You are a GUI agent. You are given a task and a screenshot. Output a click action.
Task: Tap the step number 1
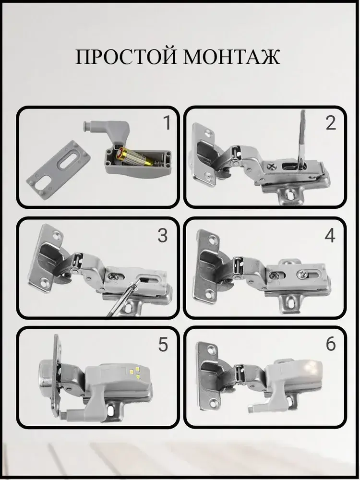click(167, 123)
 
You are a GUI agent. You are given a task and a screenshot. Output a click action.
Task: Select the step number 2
click(331, 123)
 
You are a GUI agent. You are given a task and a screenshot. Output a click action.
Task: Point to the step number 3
click(163, 235)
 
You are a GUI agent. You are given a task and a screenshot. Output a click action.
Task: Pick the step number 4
click(330, 236)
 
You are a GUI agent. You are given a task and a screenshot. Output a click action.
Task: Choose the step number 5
click(163, 344)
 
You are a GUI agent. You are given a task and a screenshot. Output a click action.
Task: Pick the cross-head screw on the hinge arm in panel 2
click(272, 167)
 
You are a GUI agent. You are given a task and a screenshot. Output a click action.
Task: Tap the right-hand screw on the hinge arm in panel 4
click(301, 274)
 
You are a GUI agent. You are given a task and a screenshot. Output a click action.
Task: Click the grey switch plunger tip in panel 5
click(64, 415)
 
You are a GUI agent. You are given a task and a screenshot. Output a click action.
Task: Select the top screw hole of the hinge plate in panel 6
click(212, 349)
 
